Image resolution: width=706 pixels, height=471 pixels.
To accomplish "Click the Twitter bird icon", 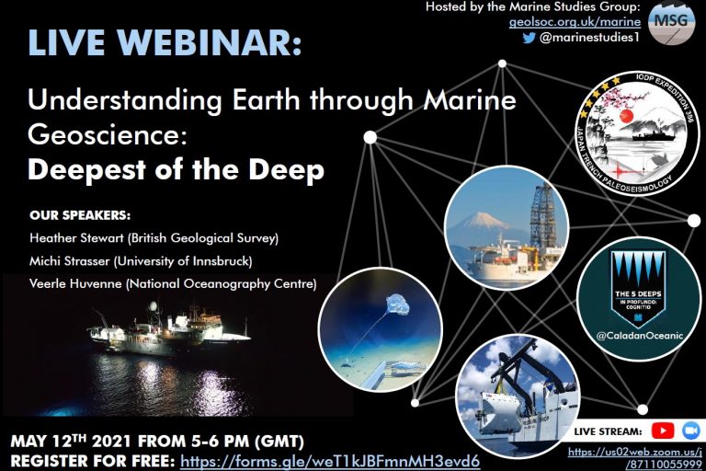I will pyautogui.click(x=529, y=38).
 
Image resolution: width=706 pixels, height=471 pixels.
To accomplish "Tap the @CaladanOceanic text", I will pyautogui.click(x=639, y=336).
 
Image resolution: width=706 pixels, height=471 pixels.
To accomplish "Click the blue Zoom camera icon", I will pyautogui.click(x=690, y=431).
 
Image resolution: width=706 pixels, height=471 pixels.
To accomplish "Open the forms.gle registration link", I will pyautogui.click(x=330, y=458).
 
